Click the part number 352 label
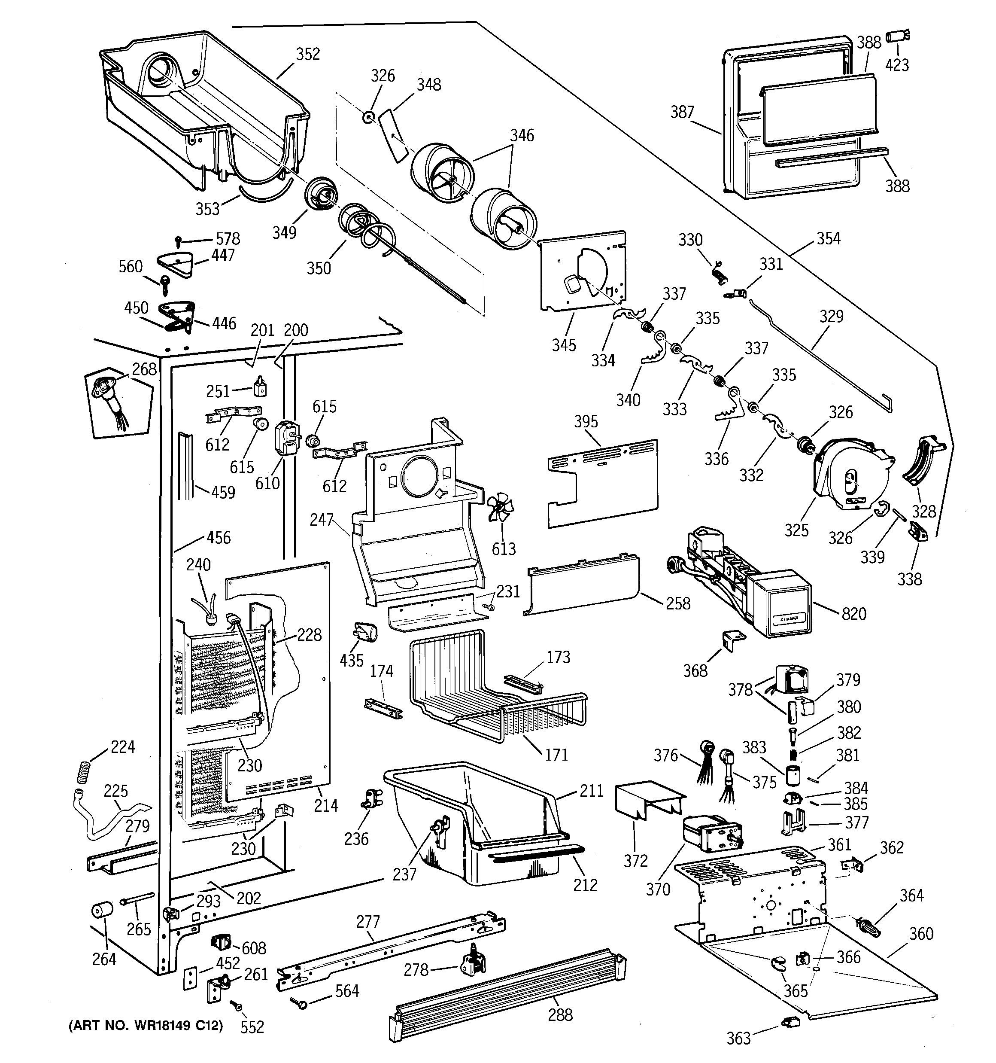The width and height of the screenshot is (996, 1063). [x=308, y=54]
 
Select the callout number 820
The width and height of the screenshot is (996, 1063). [x=854, y=613]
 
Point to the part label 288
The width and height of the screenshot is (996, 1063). [x=560, y=1014]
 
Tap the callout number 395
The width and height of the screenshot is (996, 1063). [x=586, y=421]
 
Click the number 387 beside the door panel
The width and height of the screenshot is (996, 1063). [x=682, y=112]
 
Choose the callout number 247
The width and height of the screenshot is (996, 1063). [x=322, y=520]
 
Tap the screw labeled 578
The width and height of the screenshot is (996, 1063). [x=179, y=241]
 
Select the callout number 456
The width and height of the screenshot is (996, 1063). [x=218, y=537]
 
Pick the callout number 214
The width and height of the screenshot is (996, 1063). [x=326, y=805]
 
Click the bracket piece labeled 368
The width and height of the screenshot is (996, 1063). [x=733, y=640]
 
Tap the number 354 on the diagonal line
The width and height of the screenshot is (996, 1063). [x=829, y=238]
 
